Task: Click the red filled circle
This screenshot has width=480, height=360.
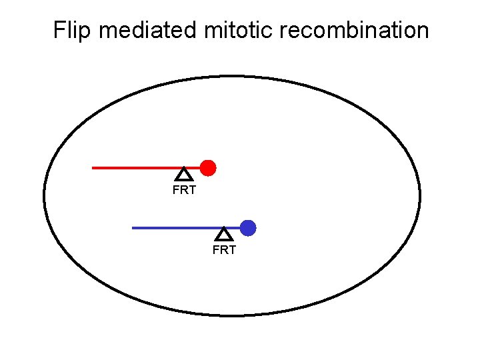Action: [x=208, y=167]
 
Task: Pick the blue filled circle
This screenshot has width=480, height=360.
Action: [x=248, y=228]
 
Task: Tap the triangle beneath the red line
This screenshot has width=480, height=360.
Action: [x=184, y=175]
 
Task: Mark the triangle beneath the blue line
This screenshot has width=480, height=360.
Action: [x=224, y=235]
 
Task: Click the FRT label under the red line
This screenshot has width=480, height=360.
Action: [x=184, y=191]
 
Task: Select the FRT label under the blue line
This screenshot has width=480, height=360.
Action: [x=224, y=251]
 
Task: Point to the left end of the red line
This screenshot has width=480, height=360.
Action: [x=93, y=168]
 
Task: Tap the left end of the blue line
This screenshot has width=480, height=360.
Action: [x=133, y=228]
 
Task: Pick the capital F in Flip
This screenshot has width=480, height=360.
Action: [x=59, y=31]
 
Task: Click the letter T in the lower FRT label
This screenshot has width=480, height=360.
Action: [x=232, y=251]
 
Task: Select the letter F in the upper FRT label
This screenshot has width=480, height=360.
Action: [x=176, y=191]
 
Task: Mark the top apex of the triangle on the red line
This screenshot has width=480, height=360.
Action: [x=184, y=169]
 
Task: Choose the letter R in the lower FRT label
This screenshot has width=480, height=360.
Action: [x=224, y=251]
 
